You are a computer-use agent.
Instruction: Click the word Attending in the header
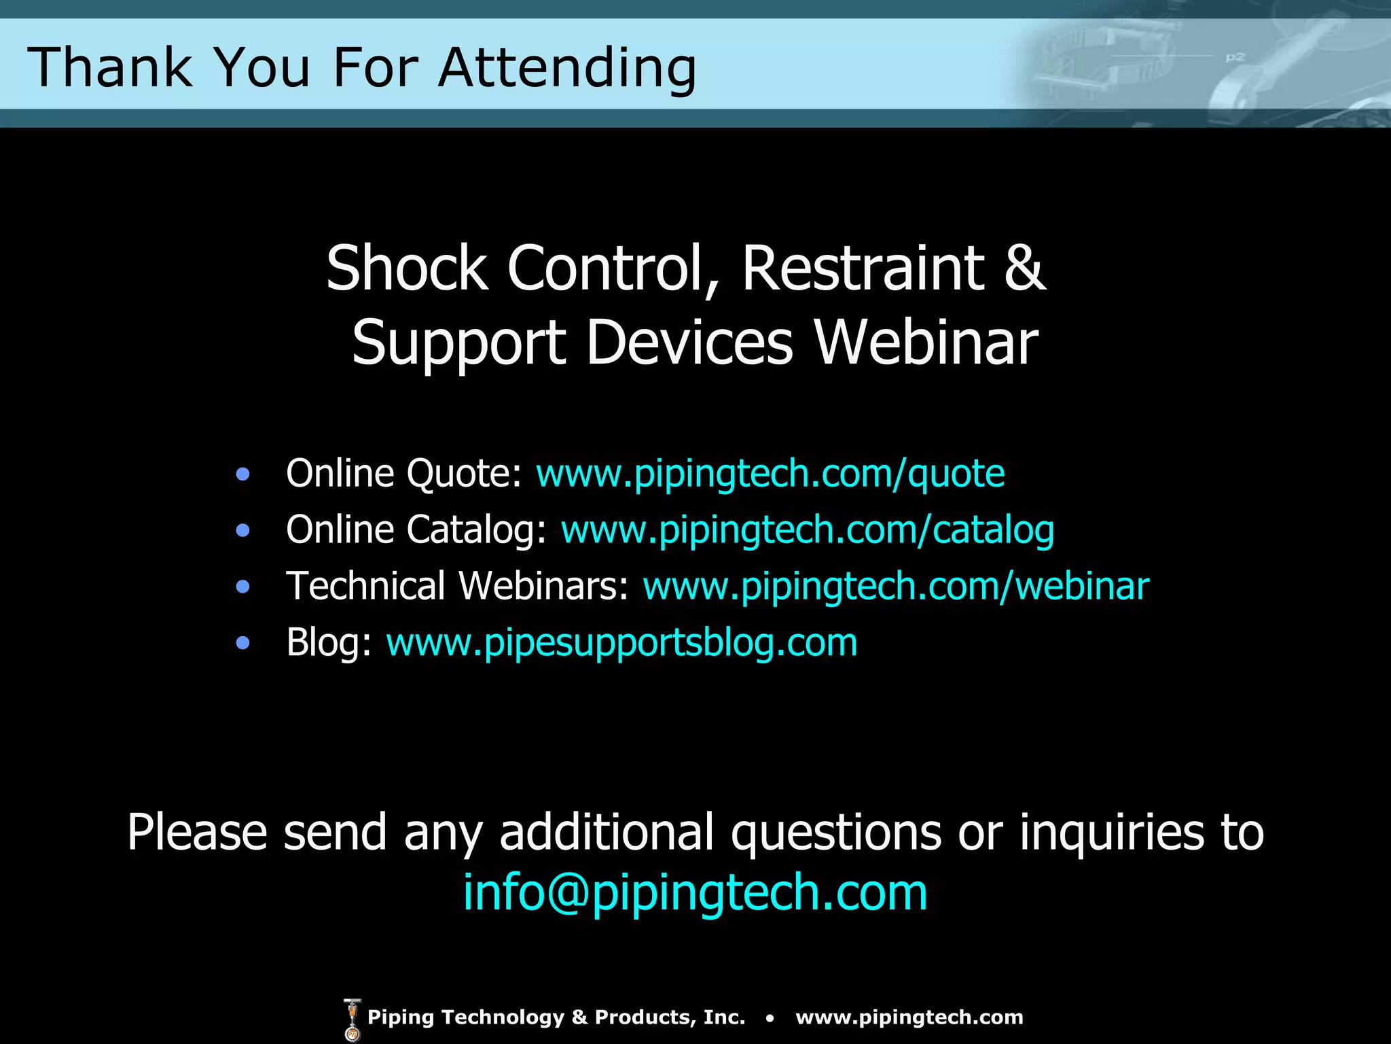tap(567, 68)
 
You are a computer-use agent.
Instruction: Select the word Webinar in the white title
tap(926, 342)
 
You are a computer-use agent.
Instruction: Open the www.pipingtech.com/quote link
tap(770, 473)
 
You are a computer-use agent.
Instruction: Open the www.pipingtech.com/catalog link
tap(807, 529)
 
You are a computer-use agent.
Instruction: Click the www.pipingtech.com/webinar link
tap(896, 586)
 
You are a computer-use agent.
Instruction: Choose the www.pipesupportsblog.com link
tap(621, 642)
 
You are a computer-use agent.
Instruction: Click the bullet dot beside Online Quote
tap(242, 474)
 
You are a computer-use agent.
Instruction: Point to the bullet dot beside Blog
tap(242, 643)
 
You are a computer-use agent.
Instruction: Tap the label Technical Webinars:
tap(457, 586)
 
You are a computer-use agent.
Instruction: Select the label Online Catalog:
tap(416, 529)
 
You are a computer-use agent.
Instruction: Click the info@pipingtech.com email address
tap(695, 892)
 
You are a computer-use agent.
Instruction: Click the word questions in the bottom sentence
tap(835, 833)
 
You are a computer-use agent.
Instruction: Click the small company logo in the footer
tap(352, 1019)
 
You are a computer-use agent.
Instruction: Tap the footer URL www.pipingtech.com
tap(909, 1017)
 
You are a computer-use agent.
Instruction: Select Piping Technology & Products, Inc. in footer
tap(556, 1017)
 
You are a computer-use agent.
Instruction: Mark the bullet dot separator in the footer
tap(770, 1018)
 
